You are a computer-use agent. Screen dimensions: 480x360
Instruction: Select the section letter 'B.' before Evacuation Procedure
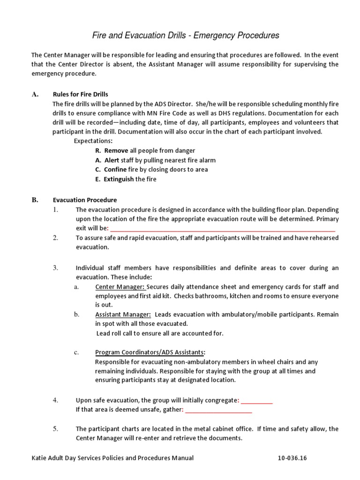[35, 200]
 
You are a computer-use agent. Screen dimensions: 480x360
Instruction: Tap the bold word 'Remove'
[112, 150]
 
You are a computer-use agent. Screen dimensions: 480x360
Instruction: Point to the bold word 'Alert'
[112, 160]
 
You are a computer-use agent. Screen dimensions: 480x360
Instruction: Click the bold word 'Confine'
[115, 169]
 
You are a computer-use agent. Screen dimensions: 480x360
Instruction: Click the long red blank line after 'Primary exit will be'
[222, 228]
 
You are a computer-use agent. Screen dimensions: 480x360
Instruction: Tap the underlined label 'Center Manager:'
[120, 286]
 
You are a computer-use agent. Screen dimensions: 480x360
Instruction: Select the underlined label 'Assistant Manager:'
[123, 314]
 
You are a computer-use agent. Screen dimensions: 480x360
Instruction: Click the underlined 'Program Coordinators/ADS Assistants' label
[150, 352]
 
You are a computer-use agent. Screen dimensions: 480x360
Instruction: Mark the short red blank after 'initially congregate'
[257, 400]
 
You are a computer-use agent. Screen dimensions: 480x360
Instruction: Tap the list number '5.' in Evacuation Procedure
[55, 429]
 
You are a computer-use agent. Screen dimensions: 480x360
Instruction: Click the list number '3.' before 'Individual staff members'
[55, 268]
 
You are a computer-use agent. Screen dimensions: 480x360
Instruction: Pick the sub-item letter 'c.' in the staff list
[76, 352]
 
